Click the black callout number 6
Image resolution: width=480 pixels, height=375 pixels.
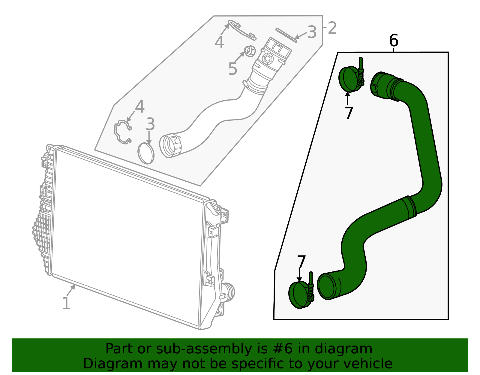click(393, 41)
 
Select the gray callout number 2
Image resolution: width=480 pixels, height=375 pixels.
click(332, 28)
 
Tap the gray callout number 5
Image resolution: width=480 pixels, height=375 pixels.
click(232, 69)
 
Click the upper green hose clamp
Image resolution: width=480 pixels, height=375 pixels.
click(350, 79)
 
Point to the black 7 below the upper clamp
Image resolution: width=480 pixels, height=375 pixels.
click(348, 113)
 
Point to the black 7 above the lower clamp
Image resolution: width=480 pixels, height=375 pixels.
click(301, 262)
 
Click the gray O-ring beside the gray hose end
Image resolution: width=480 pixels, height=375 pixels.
click(146, 153)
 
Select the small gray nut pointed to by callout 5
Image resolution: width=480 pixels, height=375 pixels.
click(250, 51)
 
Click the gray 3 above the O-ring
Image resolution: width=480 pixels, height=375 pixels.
click(150, 124)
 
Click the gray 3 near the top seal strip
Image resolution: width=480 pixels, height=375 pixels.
click(312, 32)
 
